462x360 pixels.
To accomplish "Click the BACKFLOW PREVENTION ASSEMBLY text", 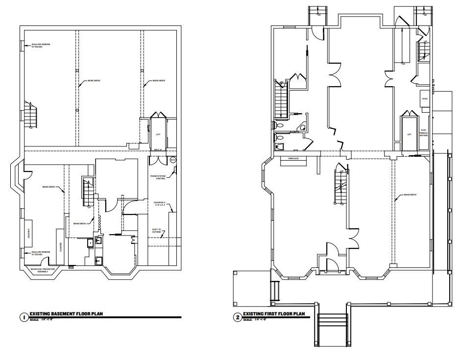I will [40, 270].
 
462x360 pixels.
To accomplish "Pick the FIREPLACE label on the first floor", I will [293, 159].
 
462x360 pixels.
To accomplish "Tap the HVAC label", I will [424, 99].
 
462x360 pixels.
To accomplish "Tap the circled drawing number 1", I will [23, 317].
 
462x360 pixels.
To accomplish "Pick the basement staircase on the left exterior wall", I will [30, 116].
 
